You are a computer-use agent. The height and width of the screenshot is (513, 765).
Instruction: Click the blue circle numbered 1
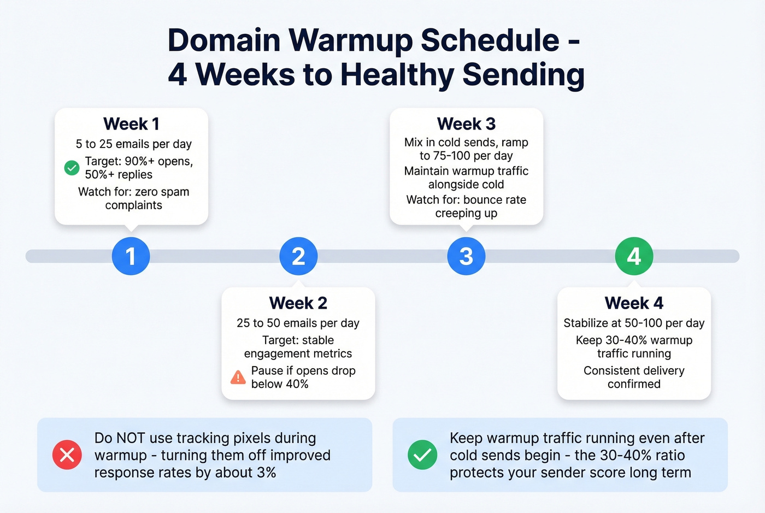(x=131, y=256)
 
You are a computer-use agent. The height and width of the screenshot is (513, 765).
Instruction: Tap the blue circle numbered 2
(x=298, y=256)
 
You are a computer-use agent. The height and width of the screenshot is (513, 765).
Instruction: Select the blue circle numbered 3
(x=466, y=256)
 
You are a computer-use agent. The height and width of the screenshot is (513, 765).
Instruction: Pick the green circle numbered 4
(x=634, y=256)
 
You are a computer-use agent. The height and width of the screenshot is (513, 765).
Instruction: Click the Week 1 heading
(x=131, y=124)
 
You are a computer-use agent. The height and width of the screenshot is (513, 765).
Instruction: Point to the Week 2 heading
(x=298, y=303)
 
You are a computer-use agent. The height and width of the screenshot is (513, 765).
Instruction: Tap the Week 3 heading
(x=466, y=124)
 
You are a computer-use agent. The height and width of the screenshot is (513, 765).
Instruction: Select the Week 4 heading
(x=634, y=303)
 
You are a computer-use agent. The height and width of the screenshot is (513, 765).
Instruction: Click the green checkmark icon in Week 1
(x=72, y=168)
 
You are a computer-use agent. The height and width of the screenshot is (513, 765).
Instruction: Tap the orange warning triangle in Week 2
(x=238, y=377)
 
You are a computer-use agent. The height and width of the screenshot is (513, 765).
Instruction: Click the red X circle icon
(x=67, y=455)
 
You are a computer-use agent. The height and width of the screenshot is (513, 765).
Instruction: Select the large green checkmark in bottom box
(x=422, y=455)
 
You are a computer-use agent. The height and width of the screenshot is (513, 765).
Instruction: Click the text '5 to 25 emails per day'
(x=133, y=144)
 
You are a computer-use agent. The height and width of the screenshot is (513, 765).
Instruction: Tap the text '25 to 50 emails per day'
(x=298, y=323)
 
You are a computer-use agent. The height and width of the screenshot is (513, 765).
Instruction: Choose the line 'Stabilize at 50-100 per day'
(x=634, y=323)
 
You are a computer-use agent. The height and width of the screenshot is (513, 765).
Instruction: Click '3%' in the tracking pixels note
(x=266, y=473)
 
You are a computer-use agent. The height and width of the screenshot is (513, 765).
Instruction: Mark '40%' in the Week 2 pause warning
(x=297, y=384)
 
